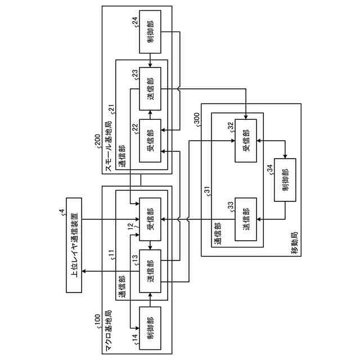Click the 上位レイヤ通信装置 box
(73, 246)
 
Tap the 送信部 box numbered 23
(150, 88)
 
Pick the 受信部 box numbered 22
(150, 141)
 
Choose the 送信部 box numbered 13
(150, 271)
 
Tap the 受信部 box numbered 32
(246, 141)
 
